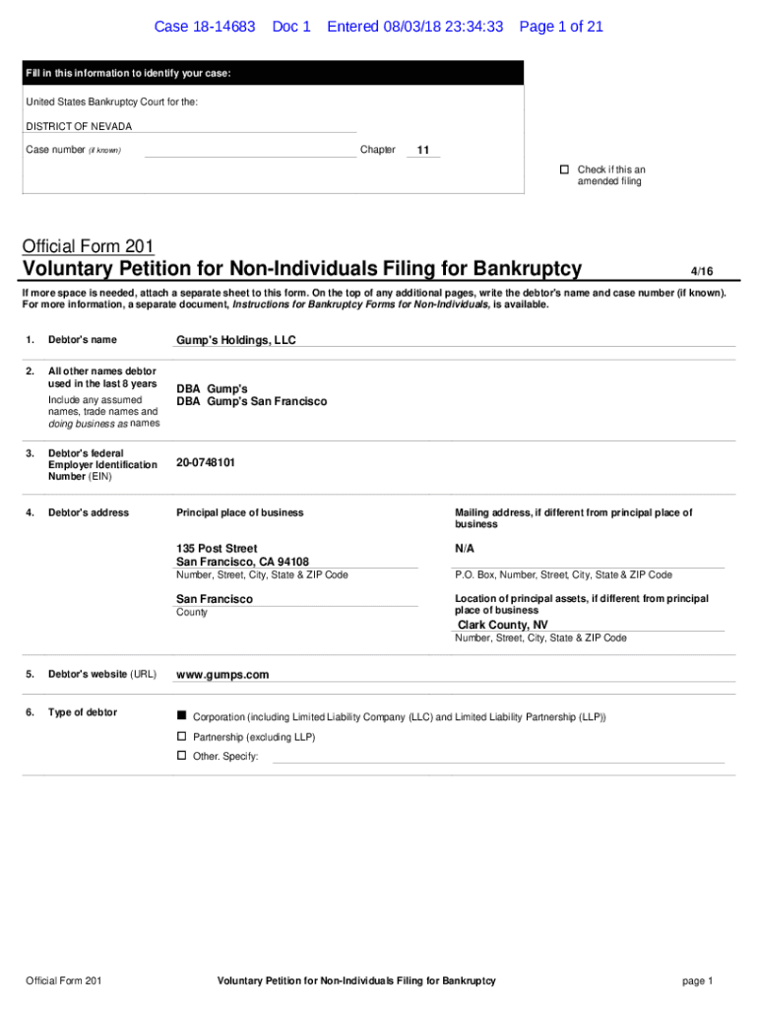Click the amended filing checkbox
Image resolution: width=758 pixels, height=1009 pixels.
pyautogui.click(x=565, y=169)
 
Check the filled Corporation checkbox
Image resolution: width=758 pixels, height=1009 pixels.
pyautogui.click(x=181, y=715)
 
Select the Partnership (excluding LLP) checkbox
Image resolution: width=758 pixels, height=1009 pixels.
pyautogui.click(x=181, y=736)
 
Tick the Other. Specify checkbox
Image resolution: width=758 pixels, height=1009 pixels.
pyautogui.click(x=181, y=756)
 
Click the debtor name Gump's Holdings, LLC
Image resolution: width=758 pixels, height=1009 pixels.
pyautogui.click(x=235, y=340)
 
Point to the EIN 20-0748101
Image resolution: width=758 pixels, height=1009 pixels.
pyautogui.click(x=206, y=462)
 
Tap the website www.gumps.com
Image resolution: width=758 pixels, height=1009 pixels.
pyautogui.click(x=221, y=675)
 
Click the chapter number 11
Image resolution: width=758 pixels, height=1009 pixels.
pyautogui.click(x=423, y=151)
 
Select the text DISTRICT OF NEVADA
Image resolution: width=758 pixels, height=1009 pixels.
pyautogui.click(x=79, y=126)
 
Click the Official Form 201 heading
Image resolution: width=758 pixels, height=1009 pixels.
pyautogui.click(x=89, y=246)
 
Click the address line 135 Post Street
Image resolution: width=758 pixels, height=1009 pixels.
pyautogui.click(x=217, y=548)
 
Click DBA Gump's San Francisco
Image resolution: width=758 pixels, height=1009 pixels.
pyautogui.click(x=251, y=402)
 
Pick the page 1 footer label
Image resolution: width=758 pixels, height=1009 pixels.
pyautogui.click(x=697, y=980)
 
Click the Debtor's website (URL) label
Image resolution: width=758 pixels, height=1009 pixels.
pyautogui.click(x=101, y=674)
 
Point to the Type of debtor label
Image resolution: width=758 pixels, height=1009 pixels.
pyautogui.click(x=83, y=712)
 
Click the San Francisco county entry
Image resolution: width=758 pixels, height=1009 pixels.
pyautogui.click(x=215, y=599)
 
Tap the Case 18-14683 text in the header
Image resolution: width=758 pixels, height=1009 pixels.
pyautogui.click(x=205, y=27)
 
